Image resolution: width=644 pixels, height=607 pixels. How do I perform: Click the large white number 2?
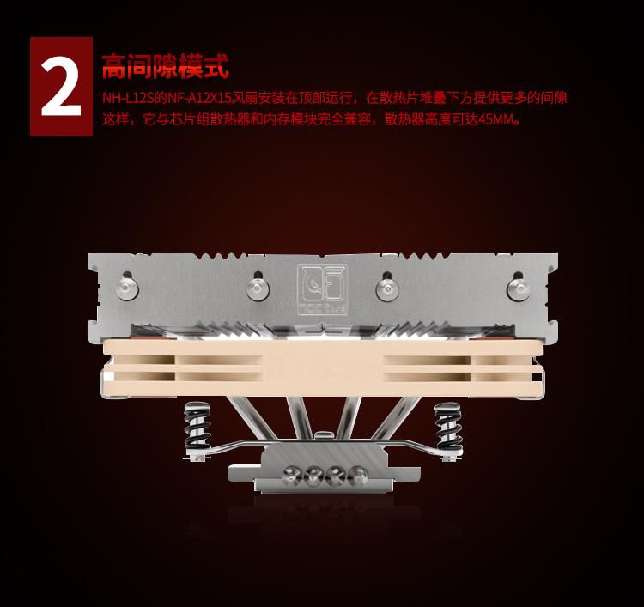[x=61, y=87]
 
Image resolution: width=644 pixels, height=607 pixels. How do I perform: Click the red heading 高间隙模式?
[x=165, y=66]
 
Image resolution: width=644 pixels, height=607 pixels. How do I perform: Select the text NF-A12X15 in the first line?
[x=199, y=98]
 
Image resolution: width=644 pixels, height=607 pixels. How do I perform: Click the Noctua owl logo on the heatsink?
[x=322, y=288]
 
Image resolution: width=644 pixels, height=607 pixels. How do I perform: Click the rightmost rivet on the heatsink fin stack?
[x=518, y=288]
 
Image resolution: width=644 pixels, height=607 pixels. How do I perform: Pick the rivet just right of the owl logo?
[x=387, y=288]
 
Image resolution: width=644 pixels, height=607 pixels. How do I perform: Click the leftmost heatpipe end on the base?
[x=292, y=476]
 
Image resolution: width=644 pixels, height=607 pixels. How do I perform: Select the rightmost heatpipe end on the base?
[x=357, y=476]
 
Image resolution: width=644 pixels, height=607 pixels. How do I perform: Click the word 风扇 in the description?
[x=246, y=98]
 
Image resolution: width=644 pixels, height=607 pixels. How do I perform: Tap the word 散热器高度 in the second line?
[x=417, y=119]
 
